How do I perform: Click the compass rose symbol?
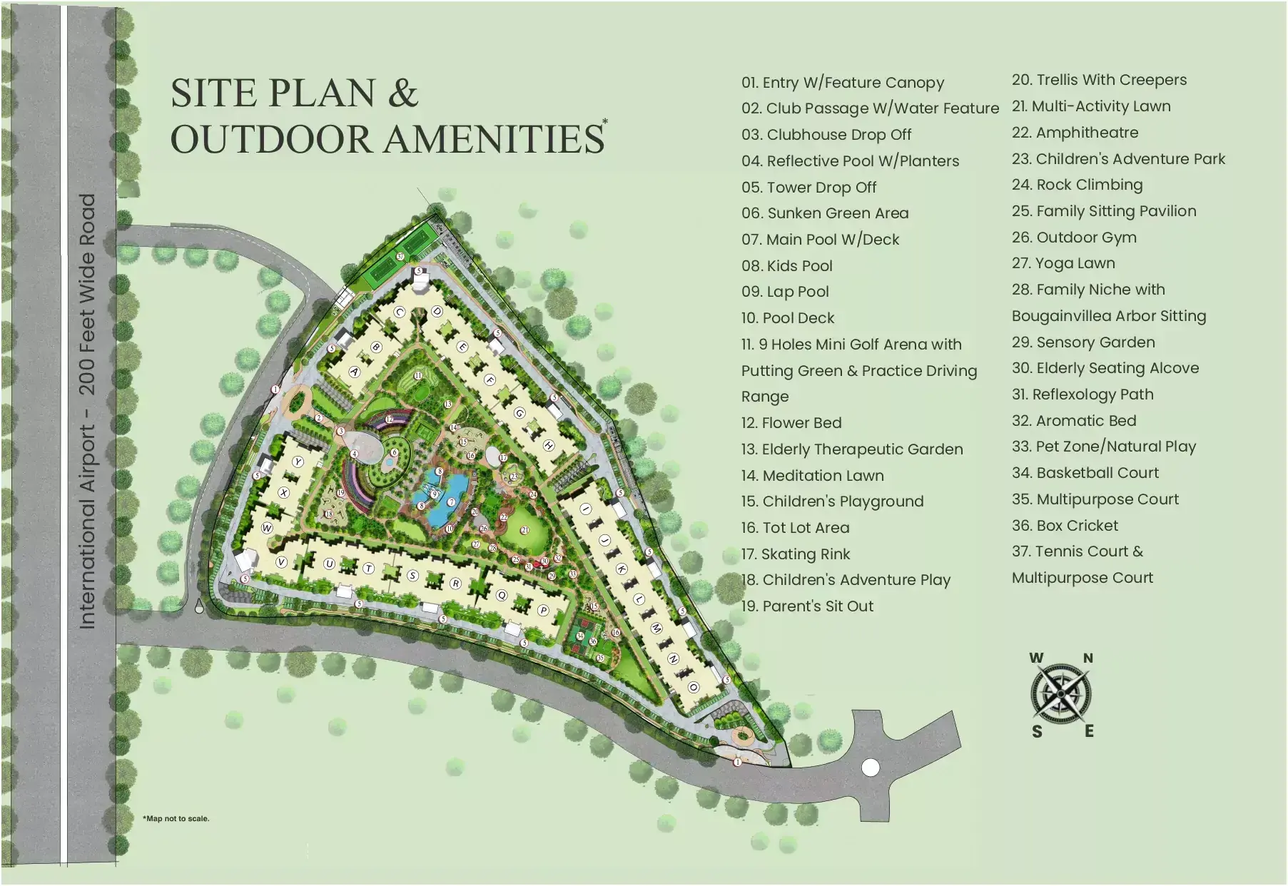(x=1061, y=693)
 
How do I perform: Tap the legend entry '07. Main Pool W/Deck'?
(x=820, y=240)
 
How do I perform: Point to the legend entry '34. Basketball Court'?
(x=1085, y=473)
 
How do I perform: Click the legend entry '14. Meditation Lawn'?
(x=812, y=476)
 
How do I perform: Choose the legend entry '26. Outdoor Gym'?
(x=1074, y=238)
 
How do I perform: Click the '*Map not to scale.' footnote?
(x=176, y=818)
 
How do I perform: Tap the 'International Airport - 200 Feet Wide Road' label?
(x=87, y=411)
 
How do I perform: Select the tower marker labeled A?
(x=355, y=372)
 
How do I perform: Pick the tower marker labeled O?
(x=693, y=688)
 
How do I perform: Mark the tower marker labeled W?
(x=267, y=528)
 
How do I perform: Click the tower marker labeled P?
(x=543, y=611)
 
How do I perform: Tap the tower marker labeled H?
(x=549, y=445)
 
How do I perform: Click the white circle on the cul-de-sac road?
(x=871, y=768)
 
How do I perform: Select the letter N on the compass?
(x=1088, y=658)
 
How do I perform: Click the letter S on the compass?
(x=1037, y=731)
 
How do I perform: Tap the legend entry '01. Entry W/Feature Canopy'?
(x=842, y=83)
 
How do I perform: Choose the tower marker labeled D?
(x=437, y=311)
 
